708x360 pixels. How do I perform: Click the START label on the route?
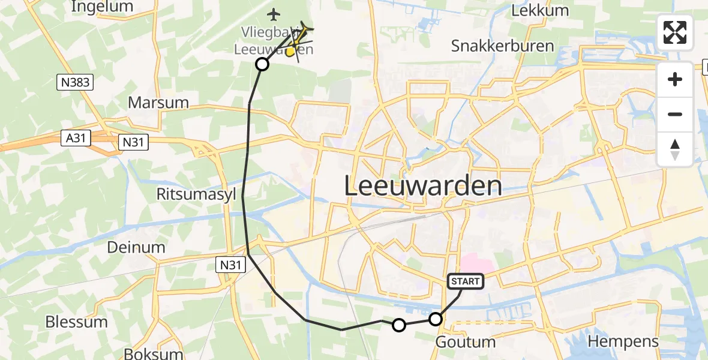point(465,281)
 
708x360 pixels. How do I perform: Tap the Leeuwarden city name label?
point(423,186)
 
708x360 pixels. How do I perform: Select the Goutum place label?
point(465,343)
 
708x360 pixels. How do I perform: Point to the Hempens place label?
point(623,342)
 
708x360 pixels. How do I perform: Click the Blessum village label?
point(76,322)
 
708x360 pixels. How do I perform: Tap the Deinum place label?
point(136,247)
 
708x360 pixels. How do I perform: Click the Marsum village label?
point(158,103)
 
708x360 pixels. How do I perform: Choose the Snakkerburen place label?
point(502,46)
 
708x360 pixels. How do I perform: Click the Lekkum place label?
point(532,10)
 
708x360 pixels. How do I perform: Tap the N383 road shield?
point(76,83)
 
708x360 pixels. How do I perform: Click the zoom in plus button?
point(675,79)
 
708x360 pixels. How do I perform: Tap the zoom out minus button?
point(675,114)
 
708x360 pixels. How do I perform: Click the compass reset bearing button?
point(675,149)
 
